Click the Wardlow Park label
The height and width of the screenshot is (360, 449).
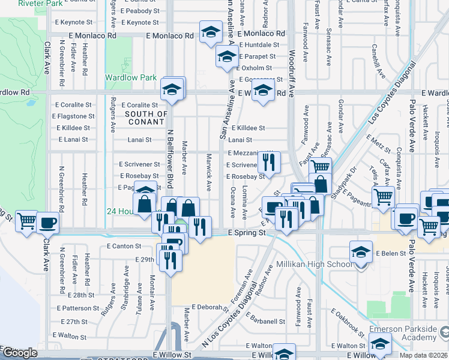pyautogui.click(x=130, y=77)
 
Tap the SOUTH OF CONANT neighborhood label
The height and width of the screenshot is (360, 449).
pyautogui.click(x=146, y=118)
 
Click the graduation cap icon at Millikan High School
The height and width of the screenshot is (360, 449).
pyautogui.click(x=361, y=251)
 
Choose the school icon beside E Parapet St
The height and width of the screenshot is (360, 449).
pyautogui.click(x=226, y=57)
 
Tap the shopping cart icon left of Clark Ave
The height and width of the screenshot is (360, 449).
pyautogui.click(x=26, y=221)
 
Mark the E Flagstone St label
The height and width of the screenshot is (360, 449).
pyautogui.click(x=75, y=116)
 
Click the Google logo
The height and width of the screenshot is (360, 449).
pyautogui.click(x=20, y=353)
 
